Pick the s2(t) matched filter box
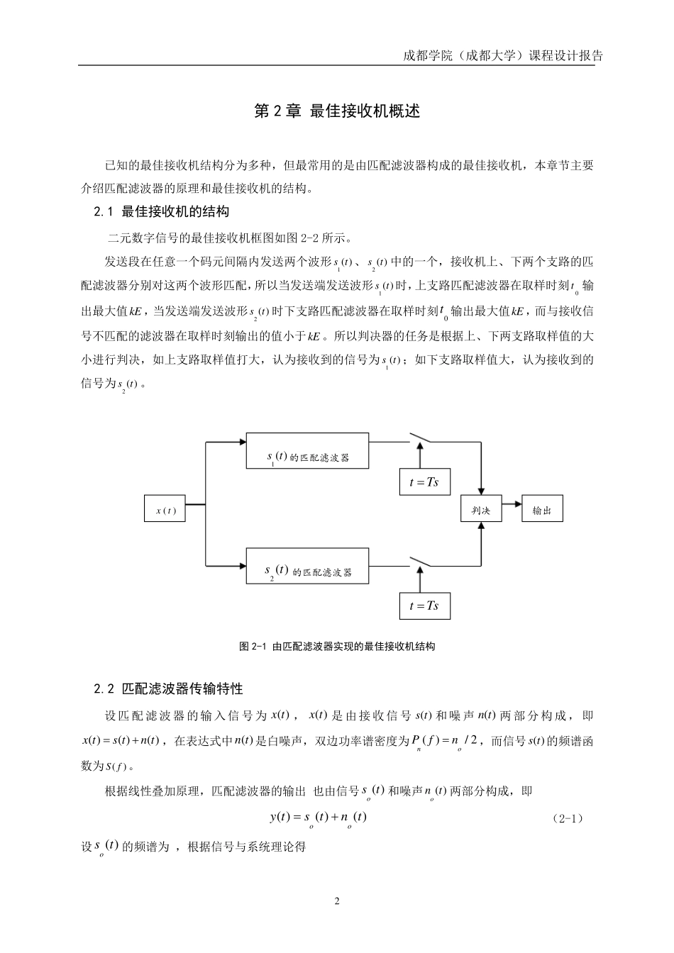(x=307, y=565)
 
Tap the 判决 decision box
(x=481, y=509)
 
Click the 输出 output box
(x=542, y=509)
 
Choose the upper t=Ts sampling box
(x=424, y=482)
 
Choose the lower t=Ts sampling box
(x=424, y=605)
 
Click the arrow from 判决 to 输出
(x=512, y=509)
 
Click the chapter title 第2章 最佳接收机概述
(x=337, y=111)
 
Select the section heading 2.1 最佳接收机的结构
(x=162, y=211)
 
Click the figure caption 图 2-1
(x=337, y=647)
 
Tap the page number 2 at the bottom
(x=337, y=902)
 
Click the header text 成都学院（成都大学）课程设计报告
(x=502, y=56)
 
